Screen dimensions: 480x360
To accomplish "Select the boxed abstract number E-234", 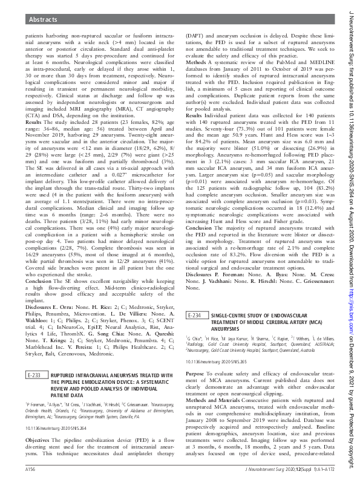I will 197,316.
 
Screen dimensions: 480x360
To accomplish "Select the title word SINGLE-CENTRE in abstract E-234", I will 231,316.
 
